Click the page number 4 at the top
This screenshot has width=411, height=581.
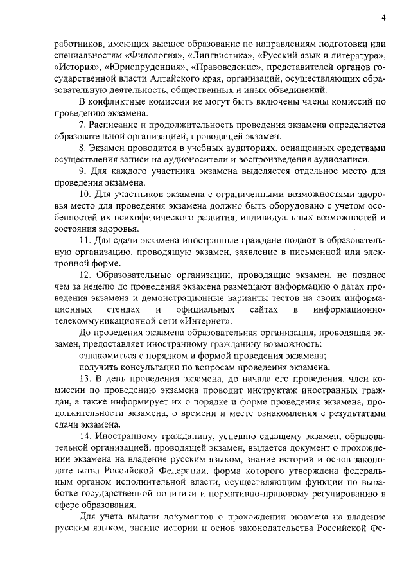(x=382, y=17)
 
